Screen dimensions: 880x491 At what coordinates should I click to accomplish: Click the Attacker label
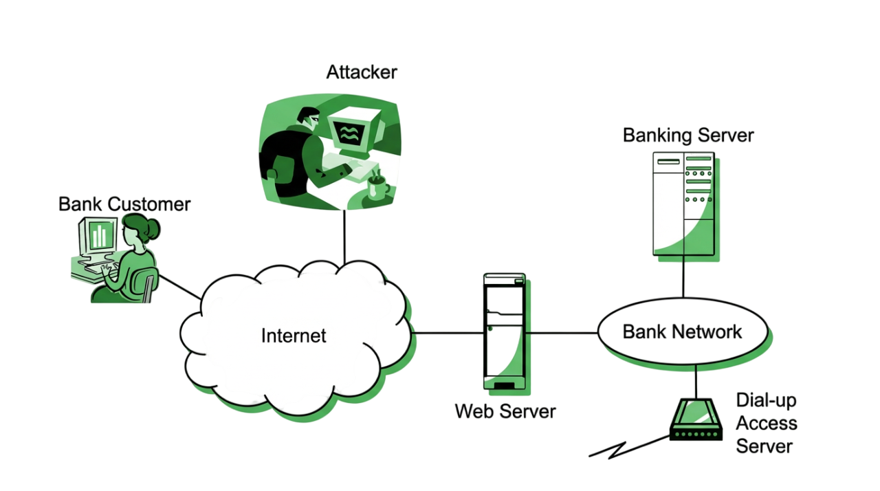(362, 72)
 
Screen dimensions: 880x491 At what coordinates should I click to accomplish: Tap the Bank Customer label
(124, 204)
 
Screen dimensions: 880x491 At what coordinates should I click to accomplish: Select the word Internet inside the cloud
(294, 336)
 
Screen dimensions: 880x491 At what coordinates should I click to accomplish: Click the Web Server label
(505, 411)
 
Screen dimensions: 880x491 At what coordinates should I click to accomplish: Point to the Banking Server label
(688, 135)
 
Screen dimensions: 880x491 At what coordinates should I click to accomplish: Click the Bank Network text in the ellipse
(683, 332)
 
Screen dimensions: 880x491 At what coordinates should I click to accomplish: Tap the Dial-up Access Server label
(767, 423)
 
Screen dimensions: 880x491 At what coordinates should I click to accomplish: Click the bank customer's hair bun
(153, 228)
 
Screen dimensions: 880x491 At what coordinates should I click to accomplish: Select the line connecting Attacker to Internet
(344, 237)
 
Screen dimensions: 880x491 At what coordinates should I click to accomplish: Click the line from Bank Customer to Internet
(180, 287)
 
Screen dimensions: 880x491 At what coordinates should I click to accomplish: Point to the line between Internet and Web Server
(448, 333)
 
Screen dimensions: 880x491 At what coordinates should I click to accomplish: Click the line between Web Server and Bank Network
(562, 333)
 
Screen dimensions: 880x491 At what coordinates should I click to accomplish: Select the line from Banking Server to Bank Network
(683, 276)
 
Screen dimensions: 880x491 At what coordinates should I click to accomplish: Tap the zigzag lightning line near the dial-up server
(629, 447)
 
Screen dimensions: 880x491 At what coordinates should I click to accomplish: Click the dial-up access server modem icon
(696, 419)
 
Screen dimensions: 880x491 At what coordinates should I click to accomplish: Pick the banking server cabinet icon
(685, 206)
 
